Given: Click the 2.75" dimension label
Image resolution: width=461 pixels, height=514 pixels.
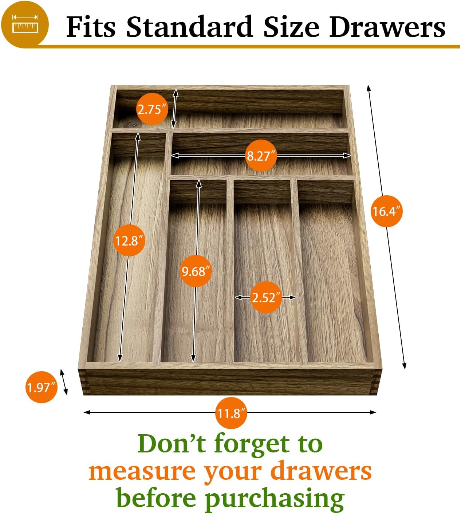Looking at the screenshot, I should (x=152, y=109).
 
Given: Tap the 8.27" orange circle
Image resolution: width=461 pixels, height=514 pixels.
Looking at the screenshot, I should (x=260, y=156).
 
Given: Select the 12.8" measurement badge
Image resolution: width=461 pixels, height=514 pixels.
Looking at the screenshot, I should (x=129, y=240).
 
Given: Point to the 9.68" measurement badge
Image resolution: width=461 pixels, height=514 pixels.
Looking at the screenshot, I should (x=196, y=271).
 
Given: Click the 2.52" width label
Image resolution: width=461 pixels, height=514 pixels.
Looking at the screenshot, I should (x=266, y=297).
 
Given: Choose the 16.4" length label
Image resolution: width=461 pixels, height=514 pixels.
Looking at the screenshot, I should (x=386, y=211).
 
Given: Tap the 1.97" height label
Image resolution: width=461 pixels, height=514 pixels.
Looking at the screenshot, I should (x=42, y=387).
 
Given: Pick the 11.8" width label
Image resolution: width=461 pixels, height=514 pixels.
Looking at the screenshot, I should (x=231, y=413).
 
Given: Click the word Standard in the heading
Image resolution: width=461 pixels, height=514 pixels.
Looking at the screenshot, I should (x=189, y=27).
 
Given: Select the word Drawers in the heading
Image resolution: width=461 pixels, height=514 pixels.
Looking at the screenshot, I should (x=387, y=27).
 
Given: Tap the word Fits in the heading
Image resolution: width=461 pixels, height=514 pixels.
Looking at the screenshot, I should (x=91, y=27).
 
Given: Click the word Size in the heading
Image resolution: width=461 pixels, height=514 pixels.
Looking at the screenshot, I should (x=291, y=27).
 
